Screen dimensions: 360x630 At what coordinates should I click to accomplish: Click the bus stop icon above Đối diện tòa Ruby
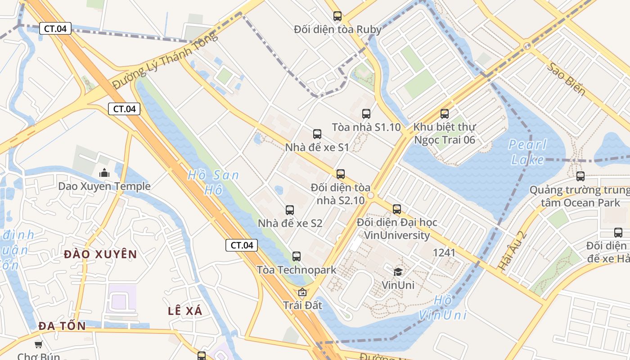[337, 16]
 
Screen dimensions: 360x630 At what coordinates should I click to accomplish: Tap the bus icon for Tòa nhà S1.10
[366, 114]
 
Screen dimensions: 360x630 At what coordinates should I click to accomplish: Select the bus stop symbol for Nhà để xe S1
[317, 134]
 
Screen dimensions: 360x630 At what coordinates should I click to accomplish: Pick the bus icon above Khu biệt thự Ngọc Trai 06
[445, 114]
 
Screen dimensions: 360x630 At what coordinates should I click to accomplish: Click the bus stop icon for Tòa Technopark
[296, 256]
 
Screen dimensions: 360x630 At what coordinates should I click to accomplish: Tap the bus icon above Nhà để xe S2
[290, 210]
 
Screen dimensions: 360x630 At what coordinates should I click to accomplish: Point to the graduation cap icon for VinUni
[398, 271]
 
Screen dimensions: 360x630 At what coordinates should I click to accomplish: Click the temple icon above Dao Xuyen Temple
[104, 173]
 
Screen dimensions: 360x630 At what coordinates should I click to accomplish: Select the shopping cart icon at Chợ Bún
[39, 345]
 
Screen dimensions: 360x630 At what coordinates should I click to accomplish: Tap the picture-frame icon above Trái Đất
[302, 292]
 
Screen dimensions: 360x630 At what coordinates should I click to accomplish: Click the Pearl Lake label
[527, 152]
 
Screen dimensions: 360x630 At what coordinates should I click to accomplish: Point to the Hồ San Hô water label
[213, 182]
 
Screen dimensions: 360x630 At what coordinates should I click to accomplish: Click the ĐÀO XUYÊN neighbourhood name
[100, 255]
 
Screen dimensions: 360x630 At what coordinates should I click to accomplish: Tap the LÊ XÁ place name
[185, 311]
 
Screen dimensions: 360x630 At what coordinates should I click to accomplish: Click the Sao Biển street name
[567, 79]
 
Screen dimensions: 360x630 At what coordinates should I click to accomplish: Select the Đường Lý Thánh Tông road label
[165, 61]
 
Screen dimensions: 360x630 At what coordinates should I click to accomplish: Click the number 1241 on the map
[444, 253]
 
